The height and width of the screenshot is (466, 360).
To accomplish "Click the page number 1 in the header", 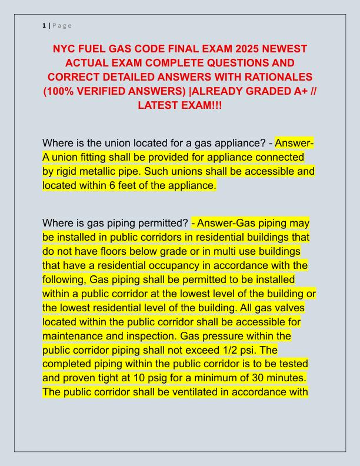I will [x=44, y=25].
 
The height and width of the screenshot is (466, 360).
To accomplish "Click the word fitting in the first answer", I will [x=93, y=158].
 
